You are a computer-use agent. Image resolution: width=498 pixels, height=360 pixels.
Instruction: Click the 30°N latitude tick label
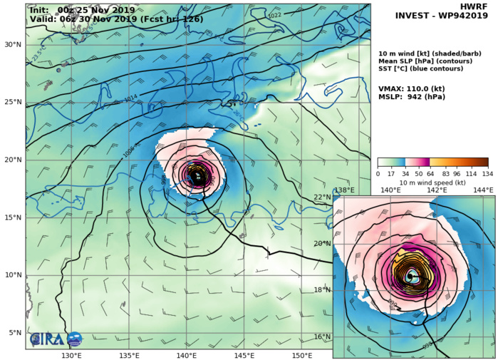pos(12,44)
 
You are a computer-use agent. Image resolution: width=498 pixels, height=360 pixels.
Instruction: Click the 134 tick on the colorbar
pos(488,173)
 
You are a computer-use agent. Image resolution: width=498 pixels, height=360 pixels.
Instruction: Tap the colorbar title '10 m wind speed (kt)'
pos(432,182)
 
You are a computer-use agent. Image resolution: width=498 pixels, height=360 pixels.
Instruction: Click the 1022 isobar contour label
pos(274,15)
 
